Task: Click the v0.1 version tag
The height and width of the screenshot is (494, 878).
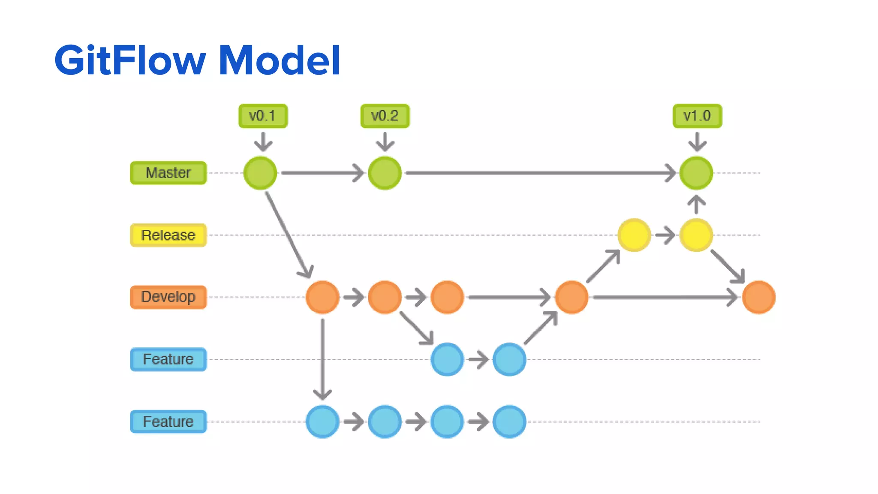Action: [x=263, y=116]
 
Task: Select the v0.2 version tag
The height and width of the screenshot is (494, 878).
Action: [x=385, y=116]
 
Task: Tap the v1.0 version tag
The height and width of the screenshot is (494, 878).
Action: [x=697, y=116]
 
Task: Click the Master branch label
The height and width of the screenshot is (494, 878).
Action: [x=168, y=173]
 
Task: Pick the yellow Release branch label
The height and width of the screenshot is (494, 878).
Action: [x=168, y=235]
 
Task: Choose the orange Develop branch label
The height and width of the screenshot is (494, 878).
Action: [x=168, y=297]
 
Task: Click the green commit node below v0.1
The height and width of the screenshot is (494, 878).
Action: [x=260, y=173]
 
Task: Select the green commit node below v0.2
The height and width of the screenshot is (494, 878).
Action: [x=385, y=173]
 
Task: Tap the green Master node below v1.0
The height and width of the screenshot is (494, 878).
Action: [x=696, y=173]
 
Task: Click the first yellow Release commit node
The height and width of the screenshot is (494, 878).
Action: [x=634, y=235]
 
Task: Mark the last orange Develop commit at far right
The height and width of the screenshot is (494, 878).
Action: [x=758, y=297]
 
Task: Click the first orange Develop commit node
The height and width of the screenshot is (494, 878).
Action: [x=322, y=297]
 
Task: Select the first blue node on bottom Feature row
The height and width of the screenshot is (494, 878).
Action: [x=322, y=422]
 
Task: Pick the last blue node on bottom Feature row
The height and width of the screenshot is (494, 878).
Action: [x=509, y=422]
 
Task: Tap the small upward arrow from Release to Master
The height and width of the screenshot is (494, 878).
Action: [x=696, y=205]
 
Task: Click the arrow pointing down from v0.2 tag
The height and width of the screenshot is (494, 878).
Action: [x=385, y=142]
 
